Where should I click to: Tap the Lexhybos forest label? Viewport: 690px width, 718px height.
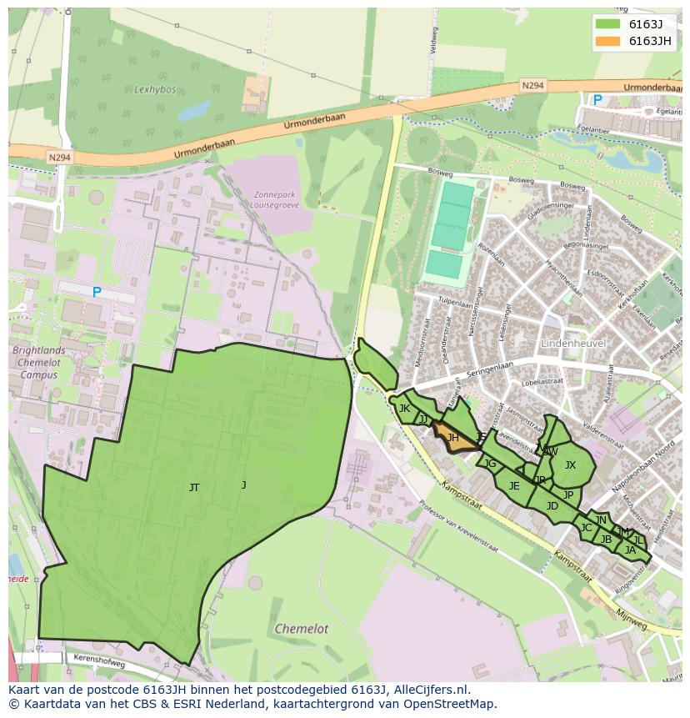[152, 88]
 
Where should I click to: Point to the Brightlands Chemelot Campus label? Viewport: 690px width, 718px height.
[39, 363]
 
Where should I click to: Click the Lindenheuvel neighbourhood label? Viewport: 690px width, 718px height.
[572, 344]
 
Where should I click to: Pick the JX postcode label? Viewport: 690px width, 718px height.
[570, 465]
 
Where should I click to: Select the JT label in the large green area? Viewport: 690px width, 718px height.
[194, 488]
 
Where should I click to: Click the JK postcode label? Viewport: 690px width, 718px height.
[404, 409]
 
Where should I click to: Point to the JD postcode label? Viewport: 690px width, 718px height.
[552, 506]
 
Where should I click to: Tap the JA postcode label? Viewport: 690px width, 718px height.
[630, 550]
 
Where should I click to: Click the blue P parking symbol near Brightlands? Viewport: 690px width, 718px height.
[97, 292]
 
